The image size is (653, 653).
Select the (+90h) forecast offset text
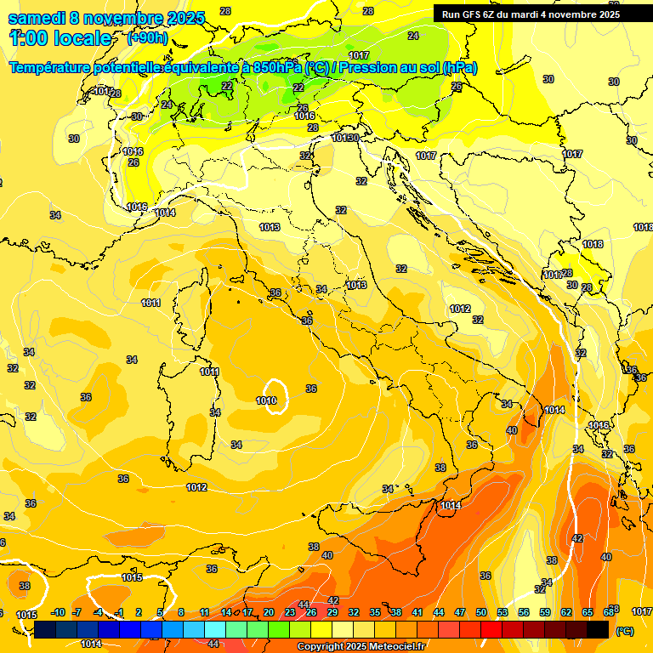[147, 38]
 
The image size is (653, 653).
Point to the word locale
[82, 38]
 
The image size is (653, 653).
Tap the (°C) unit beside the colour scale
[624, 630]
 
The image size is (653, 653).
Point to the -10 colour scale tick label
[58, 612]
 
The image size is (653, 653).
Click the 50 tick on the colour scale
[481, 612]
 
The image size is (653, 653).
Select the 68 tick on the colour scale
[609, 612]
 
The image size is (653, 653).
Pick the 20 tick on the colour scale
[269, 612]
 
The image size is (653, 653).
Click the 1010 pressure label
[266, 400]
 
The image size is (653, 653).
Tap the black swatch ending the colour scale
[598, 629]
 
